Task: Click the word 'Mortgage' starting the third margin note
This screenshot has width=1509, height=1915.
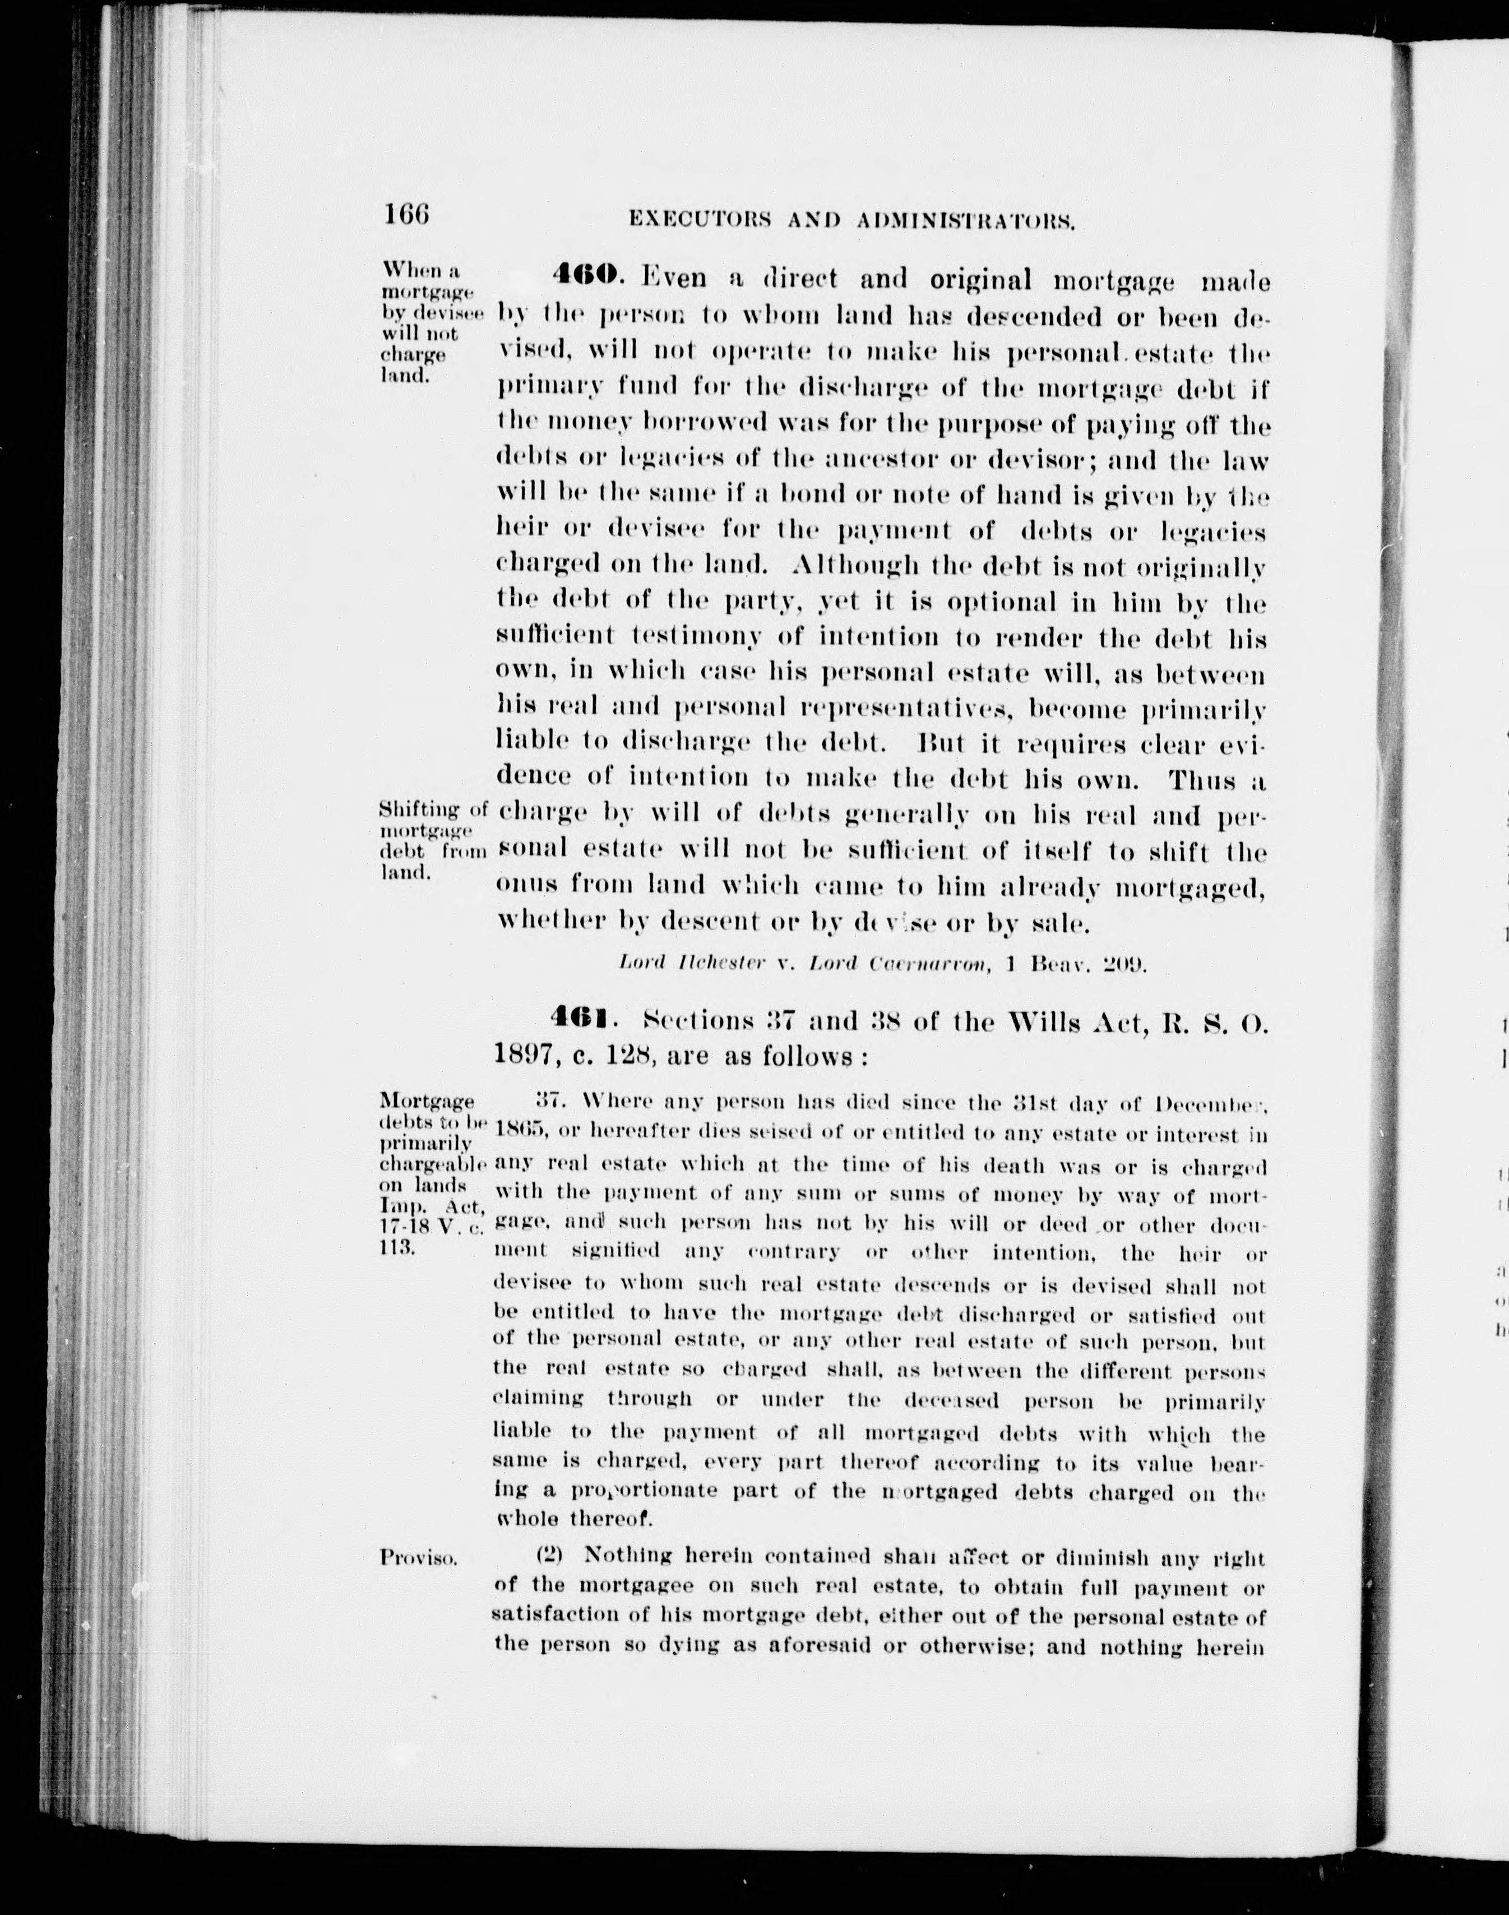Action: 427,1101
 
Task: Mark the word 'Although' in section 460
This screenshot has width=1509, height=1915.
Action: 858,566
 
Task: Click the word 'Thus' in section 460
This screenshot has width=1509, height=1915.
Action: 1206,780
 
